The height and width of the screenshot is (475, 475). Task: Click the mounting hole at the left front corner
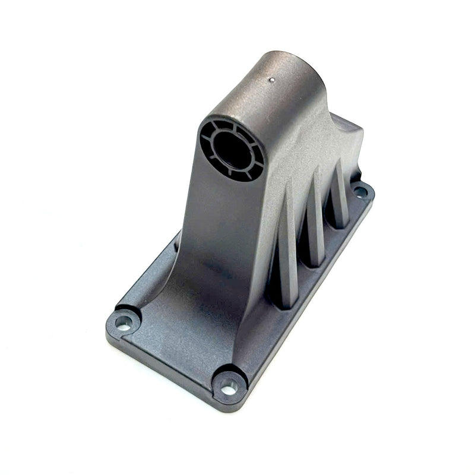[x=123, y=322]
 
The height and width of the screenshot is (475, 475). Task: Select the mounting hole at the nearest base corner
[x=229, y=389]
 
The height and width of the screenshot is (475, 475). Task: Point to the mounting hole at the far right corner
[x=360, y=192]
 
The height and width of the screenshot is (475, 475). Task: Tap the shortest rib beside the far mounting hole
[x=339, y=196]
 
